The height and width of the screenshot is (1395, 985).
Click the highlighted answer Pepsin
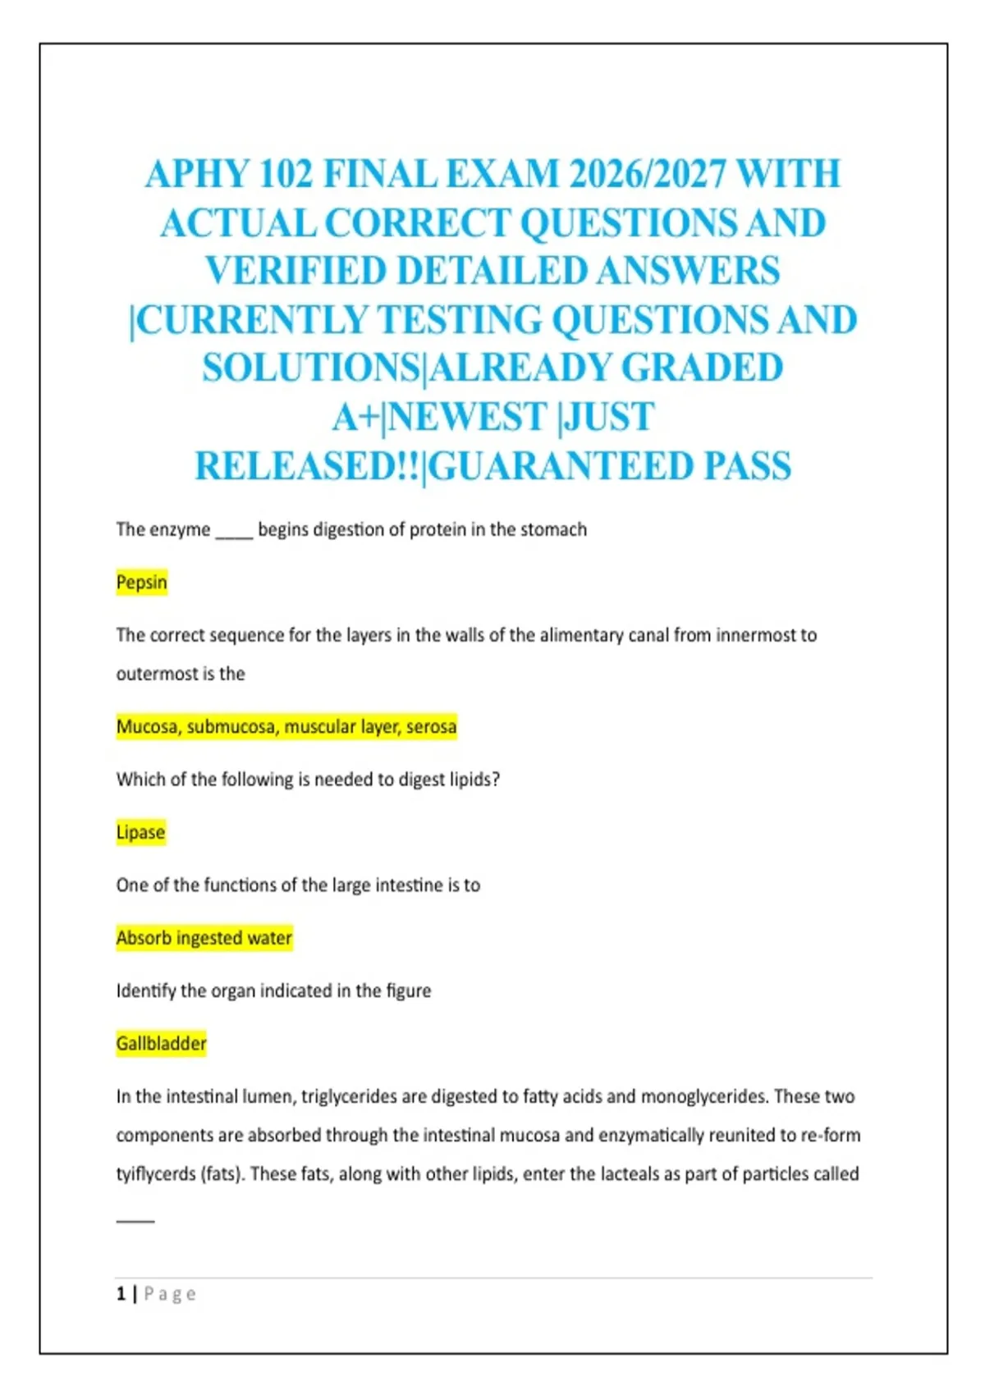tap(141, 583)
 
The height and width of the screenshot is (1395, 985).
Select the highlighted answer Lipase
tap(140, 832)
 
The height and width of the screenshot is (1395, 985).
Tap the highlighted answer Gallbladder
tap(161, 1044)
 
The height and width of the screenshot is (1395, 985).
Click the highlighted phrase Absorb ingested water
tap(204, 938)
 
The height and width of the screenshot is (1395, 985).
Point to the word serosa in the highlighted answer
tap(431, 727)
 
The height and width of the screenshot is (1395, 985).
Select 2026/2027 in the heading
tap(648, 175)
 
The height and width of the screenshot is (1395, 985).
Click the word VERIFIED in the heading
tap(295, 272)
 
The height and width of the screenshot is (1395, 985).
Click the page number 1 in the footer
tap(121, 1294)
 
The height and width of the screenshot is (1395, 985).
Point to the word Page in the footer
tap(170, 1294)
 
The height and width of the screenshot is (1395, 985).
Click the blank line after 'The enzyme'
tap(234, 532)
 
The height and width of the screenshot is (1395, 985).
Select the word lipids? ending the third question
tap(474, 780)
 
